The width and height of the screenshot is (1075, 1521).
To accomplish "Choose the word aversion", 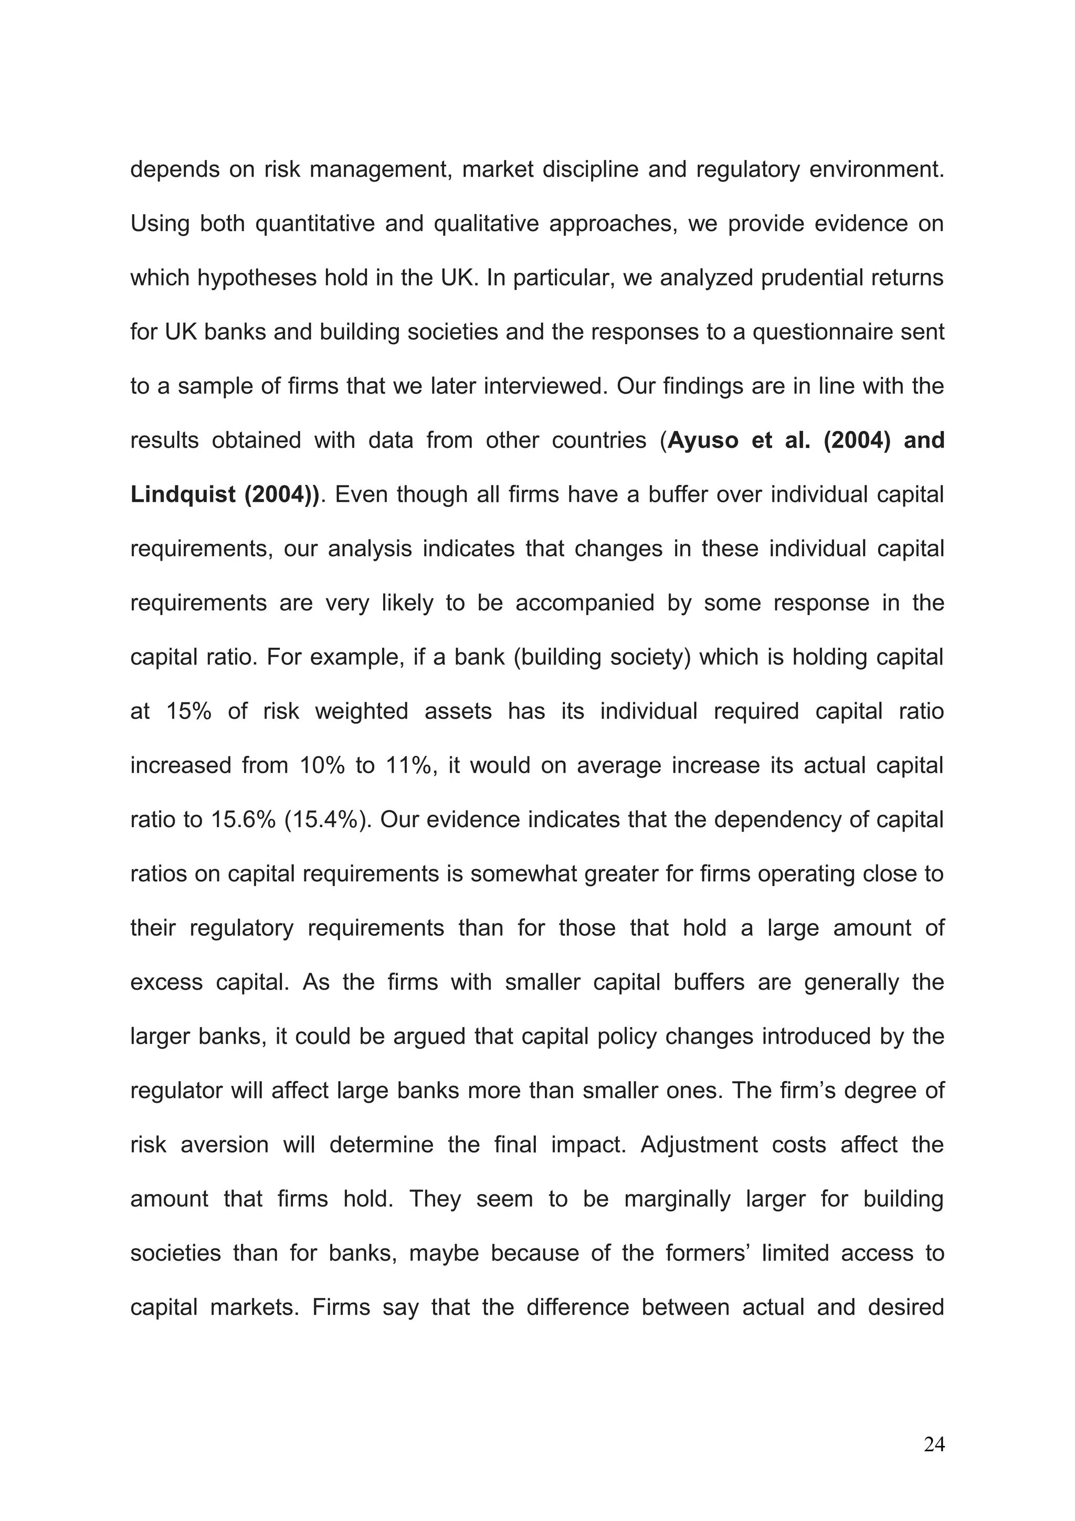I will [x=225, y=1145].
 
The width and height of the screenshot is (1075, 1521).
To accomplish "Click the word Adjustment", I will [x=699, y=1145].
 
